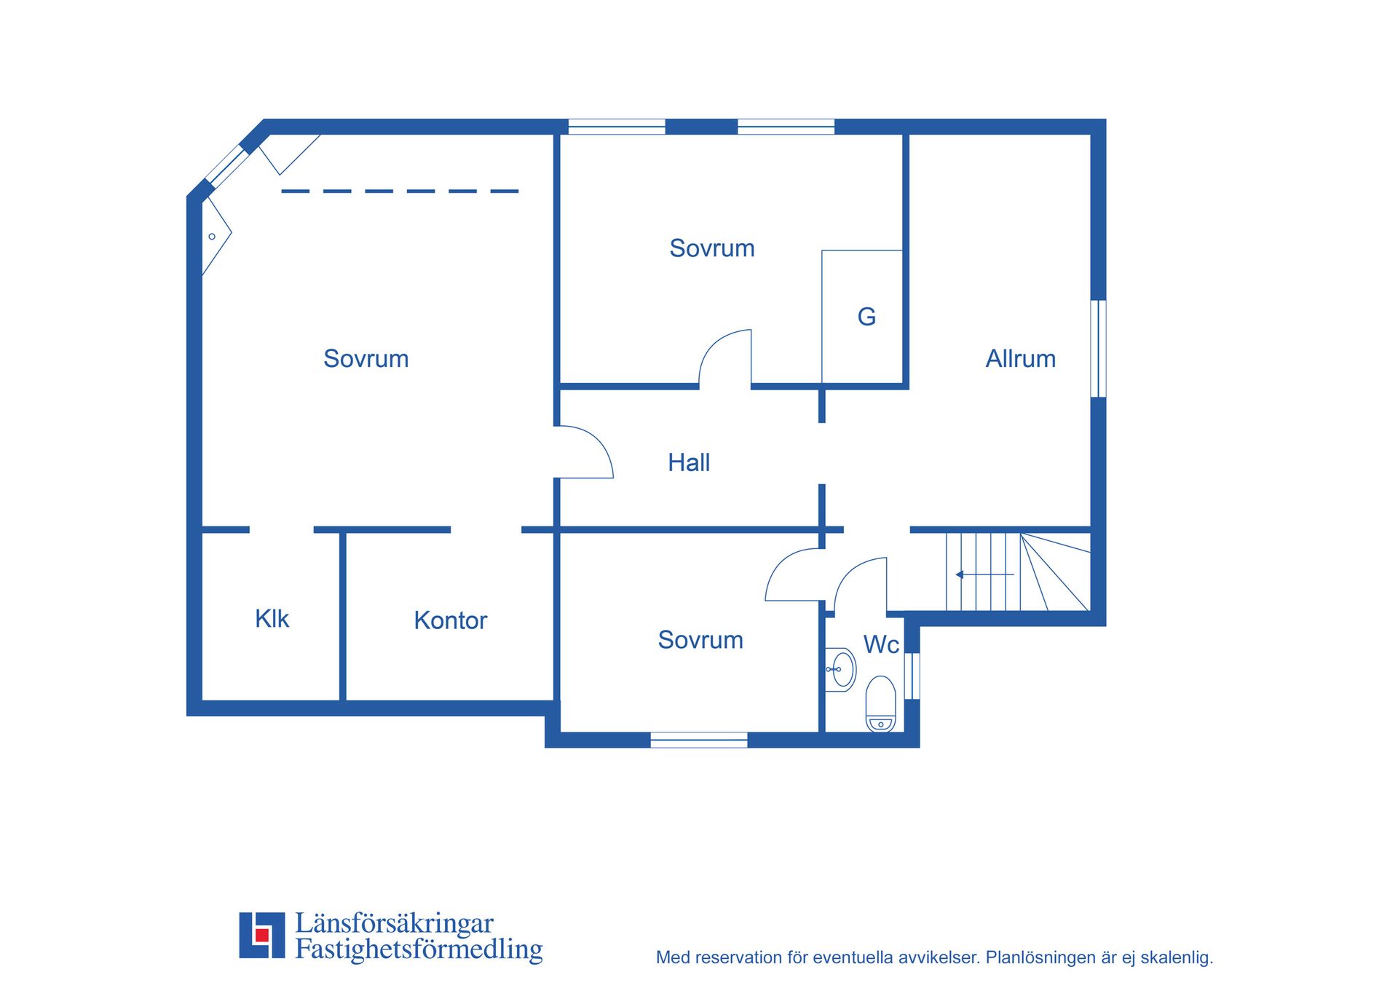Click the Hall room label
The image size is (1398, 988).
[689, 462]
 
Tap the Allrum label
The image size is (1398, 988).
[1020, 358]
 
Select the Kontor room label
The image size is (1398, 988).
[450, 620]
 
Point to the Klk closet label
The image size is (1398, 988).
[272, 618]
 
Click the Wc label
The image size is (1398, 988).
[881, 644]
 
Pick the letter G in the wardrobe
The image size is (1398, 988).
[866, 317]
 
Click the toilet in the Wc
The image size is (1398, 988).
[880, 703]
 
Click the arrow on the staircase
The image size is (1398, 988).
[984, 574]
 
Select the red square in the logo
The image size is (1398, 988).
[262, 935]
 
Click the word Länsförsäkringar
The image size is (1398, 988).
[394, 923]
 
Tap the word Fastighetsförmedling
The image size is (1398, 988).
[419, 949]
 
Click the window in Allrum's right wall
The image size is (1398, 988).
[1098, 349]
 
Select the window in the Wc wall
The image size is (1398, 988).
[912, 676]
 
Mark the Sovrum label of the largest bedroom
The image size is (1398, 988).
[366, 358]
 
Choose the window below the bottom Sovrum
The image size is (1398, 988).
[698, 740]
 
